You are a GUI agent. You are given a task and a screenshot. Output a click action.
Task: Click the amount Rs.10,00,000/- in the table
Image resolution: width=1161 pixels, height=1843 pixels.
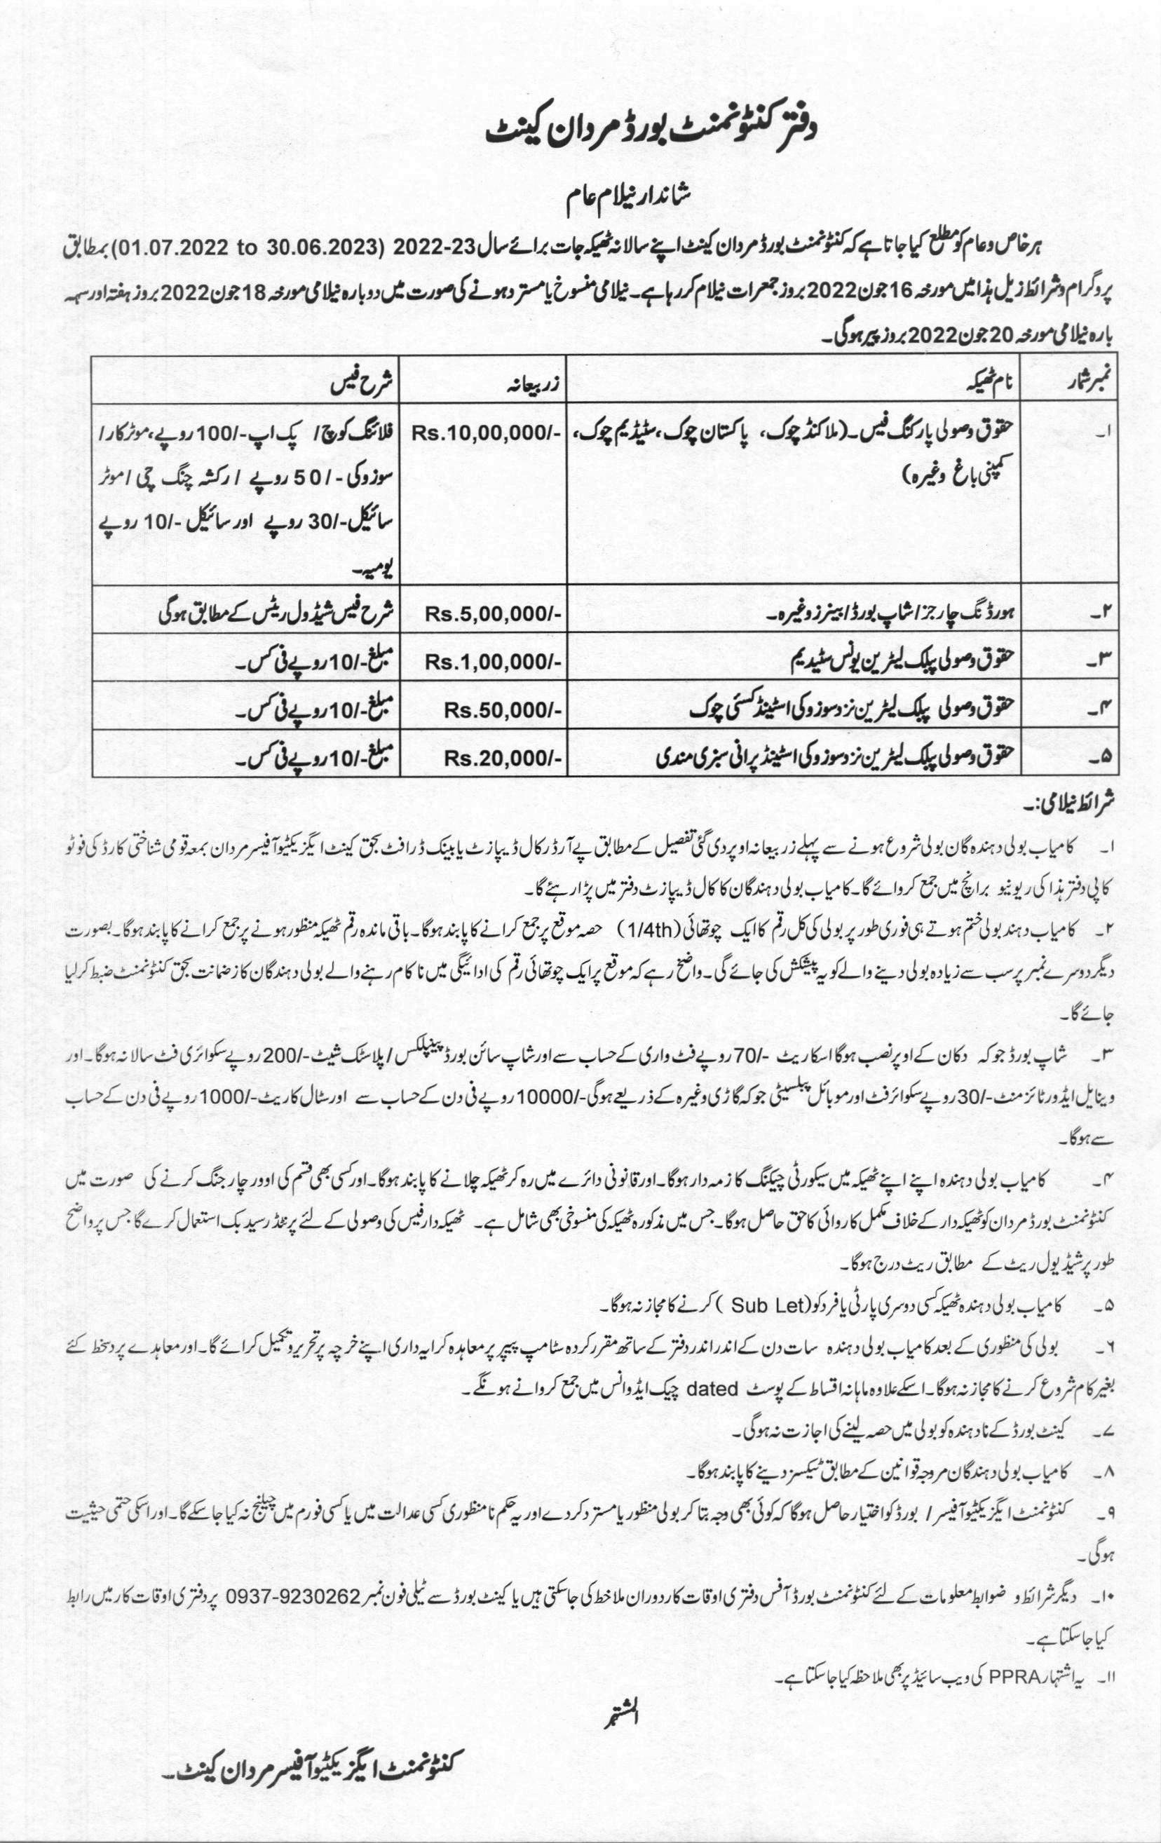pyautogui.click(x=487, y=433)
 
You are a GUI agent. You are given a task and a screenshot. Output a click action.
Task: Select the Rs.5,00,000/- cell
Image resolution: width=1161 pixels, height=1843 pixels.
pyautogui.click(x=495, y=615)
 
